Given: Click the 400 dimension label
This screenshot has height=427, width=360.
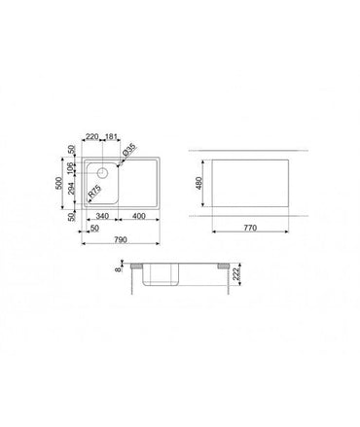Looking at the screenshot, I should coord(140,216).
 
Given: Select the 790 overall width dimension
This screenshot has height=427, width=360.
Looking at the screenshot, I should coord(120,240).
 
